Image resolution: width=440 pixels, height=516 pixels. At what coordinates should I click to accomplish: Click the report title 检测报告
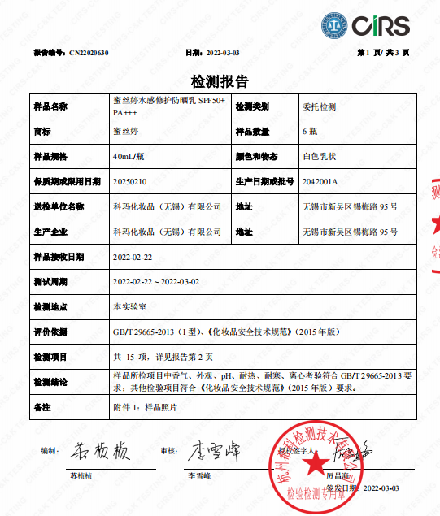[220, 82]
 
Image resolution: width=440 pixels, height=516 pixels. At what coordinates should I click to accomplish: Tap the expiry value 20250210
[129, 181]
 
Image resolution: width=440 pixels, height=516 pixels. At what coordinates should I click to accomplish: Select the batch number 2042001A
[319, 181]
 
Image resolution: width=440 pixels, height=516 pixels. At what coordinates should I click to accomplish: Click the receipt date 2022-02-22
[134, 256]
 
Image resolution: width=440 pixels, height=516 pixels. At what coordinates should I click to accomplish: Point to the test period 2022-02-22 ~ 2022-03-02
[156, 281]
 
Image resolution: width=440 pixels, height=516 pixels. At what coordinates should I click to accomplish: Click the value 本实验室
[128, 306]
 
